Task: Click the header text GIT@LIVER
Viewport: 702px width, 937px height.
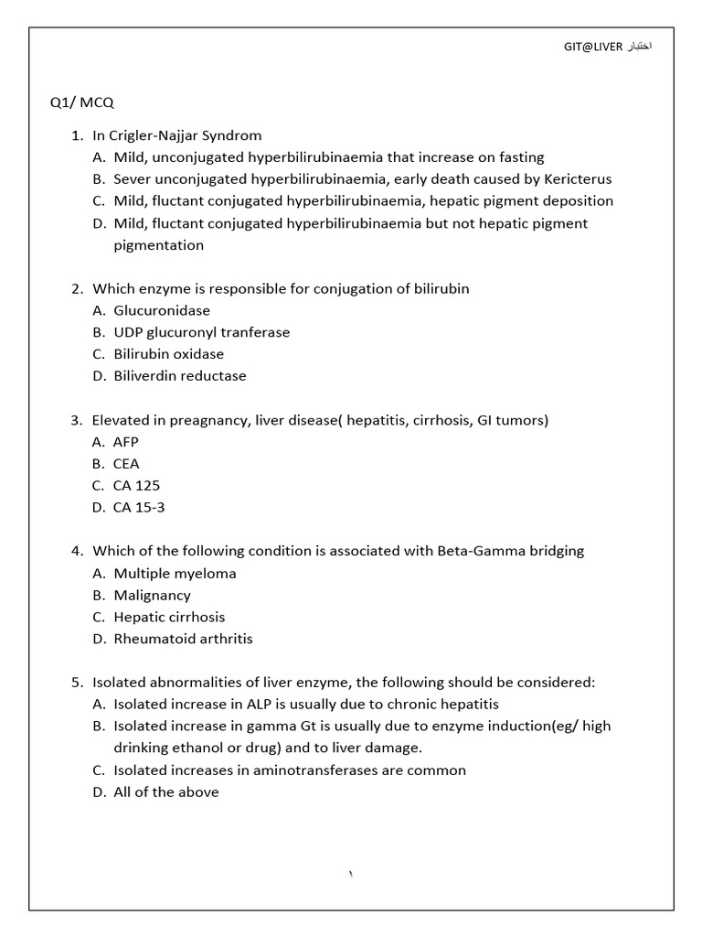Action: tap(595, 47)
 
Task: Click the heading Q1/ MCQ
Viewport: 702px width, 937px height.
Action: tap(82, 102)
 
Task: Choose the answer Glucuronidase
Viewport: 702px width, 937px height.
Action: tap(162, 310)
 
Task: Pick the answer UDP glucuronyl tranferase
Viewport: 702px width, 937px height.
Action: tap(201, 332)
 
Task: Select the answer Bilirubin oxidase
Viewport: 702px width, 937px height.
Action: tap(168, 354)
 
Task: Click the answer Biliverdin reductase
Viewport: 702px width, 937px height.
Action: tap(179, 376)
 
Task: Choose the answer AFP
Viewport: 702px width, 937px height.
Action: tap(126, 442)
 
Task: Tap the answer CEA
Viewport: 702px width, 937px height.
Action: tap(126, 464)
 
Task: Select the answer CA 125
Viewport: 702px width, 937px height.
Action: tap(137, 486)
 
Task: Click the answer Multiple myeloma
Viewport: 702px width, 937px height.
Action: tap(175, 574)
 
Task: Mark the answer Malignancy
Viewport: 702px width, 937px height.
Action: tap(152, 596)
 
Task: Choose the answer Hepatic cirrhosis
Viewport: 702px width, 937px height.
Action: tap(169, 618)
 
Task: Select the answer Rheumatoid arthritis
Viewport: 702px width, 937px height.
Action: tap(183, 640)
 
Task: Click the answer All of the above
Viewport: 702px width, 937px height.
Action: tap(166, 792)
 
